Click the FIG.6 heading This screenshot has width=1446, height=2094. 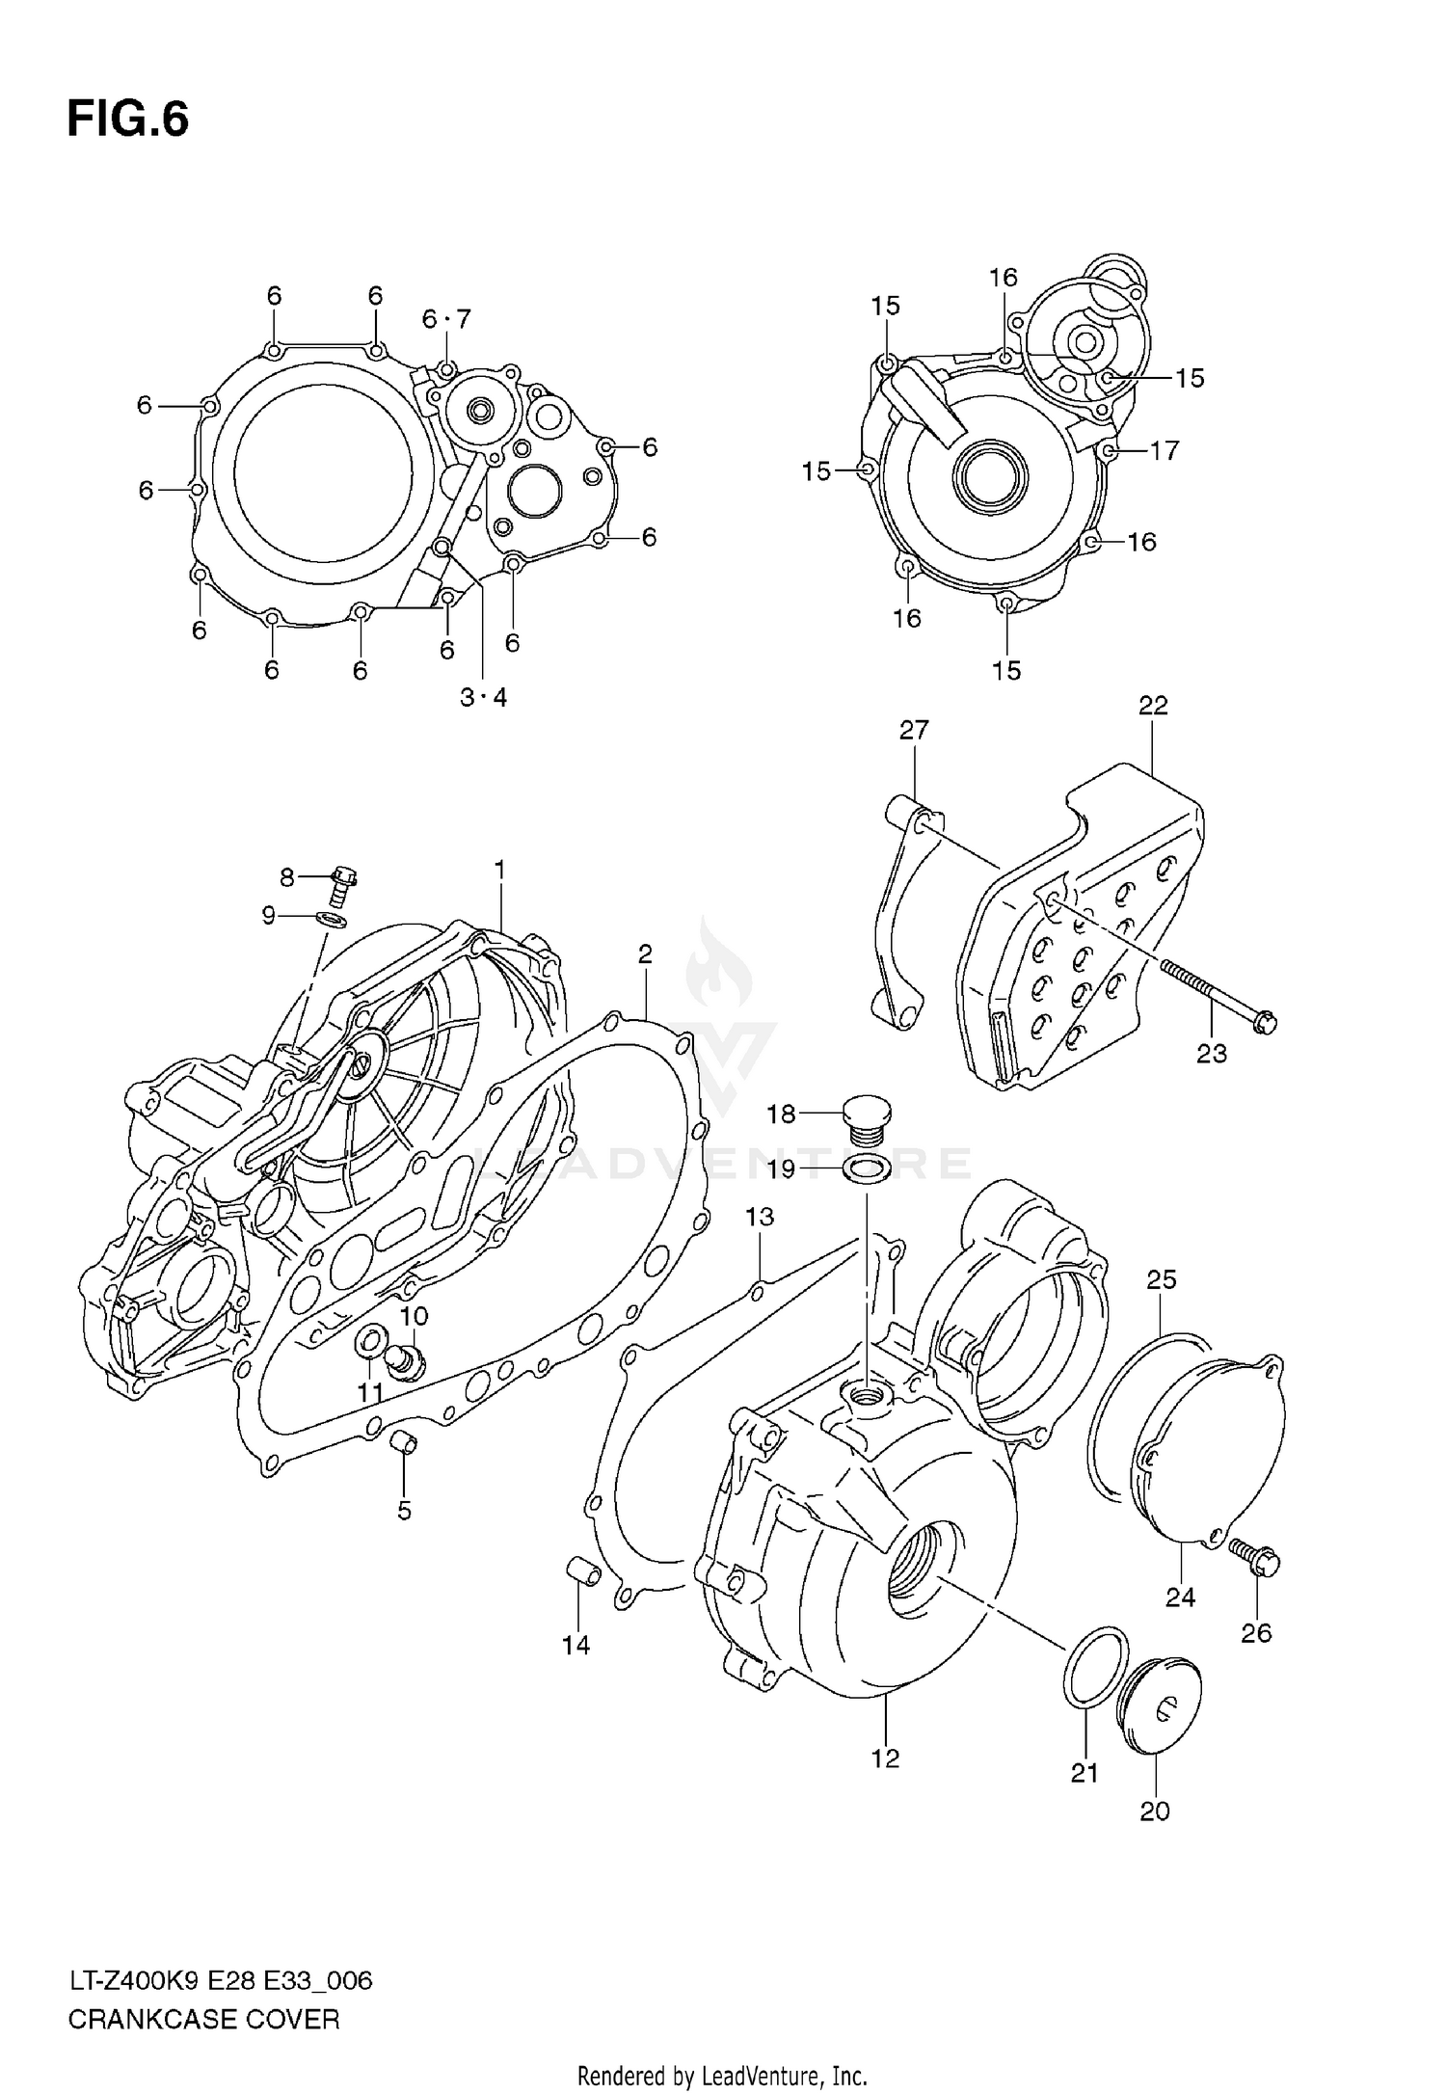127,121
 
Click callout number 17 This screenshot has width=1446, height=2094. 1165,450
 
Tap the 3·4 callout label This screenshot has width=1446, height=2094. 483,698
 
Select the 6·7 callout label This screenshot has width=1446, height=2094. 446,319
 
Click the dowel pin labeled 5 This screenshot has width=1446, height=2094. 405,1443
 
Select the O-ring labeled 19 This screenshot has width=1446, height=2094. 867,1169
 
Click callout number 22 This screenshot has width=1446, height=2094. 1153,706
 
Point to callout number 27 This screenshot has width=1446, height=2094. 914,731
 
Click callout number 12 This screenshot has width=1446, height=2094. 885,1758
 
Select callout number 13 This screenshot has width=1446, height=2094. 760,1218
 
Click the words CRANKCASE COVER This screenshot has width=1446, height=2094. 203,2020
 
